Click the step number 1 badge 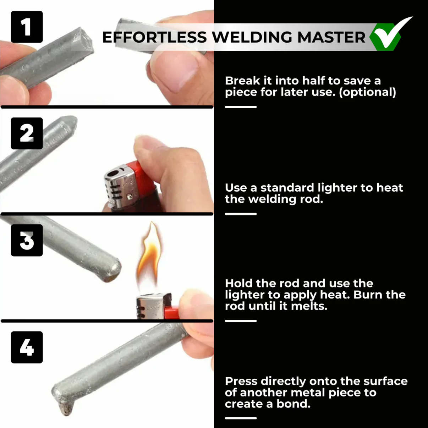tap(27, 27)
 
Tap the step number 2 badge tap(27, 133)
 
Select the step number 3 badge tap(27, 240)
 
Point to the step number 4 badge tap(27, 347)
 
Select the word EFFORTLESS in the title tap(154, 37)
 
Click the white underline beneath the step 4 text tap(241, 418)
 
